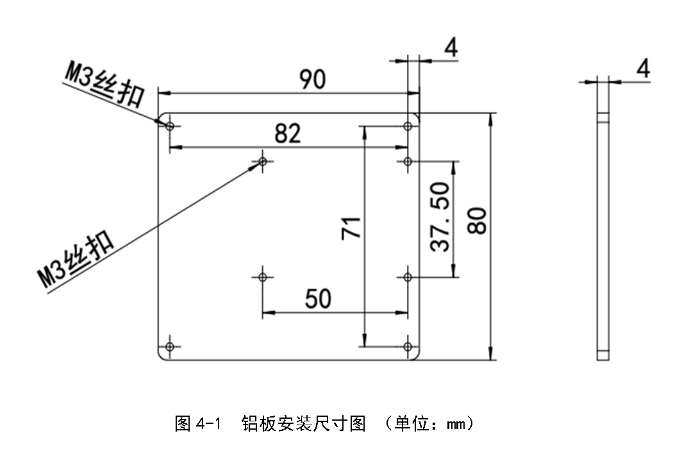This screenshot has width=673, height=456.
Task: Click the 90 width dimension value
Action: coord(313,79)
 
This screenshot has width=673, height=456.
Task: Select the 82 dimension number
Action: coord(287,133)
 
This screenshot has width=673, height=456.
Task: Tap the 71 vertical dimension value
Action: coord(351,228)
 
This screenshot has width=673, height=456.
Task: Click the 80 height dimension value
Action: coord(478,222)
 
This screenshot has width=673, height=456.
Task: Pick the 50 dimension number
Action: coord(318,298)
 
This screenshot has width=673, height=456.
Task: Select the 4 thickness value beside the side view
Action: coord(643,68)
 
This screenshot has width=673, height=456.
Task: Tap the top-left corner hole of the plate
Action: coord(169,126)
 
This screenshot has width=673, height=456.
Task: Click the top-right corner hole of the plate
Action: coord(408,126)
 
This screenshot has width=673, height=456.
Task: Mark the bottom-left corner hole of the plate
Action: coord(169,347)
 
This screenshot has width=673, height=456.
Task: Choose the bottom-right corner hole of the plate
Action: coord(408,347)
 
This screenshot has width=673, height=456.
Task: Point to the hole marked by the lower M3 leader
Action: coord(263,161)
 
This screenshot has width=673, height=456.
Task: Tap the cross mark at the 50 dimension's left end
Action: coord(263,277)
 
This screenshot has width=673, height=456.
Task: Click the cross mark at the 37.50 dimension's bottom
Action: coord(408,277)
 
